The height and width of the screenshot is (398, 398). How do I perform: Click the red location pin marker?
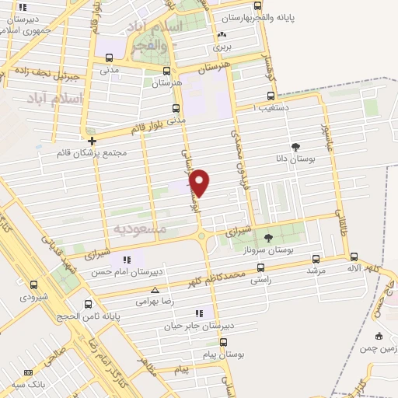pyautogui.click(x=200, y=183)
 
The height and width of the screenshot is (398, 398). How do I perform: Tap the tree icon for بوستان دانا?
pyautogui.click(x=295, y=146)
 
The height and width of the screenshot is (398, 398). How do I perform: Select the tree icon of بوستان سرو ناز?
pyautogui.click(x=268, y=238)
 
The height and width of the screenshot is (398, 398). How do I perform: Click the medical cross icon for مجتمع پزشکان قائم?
pyautogui.click(x=93, y=141)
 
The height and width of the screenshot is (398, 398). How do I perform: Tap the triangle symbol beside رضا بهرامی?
pyautogui.click(x=155, y=289)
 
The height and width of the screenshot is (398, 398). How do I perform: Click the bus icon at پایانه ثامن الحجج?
pyautogui.click(x=87, y=303)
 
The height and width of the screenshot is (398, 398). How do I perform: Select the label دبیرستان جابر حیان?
pyautogui.click(x=191, y=326)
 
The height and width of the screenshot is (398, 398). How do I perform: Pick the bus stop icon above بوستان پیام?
pyautogui.click(x=224, y=342)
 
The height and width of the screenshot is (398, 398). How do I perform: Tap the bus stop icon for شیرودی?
pyautogui.click(x=33, y=285)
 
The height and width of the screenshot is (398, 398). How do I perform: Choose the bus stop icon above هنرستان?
pyautogui.click(x=175, y=69)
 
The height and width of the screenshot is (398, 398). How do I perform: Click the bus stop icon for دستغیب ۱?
pyautogui.click(x=270, y=96)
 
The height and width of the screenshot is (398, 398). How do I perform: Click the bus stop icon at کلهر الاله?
pyautogui.click(x=354, y=256)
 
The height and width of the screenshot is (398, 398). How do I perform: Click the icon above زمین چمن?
pyautogui.click(x=379, y=336)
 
